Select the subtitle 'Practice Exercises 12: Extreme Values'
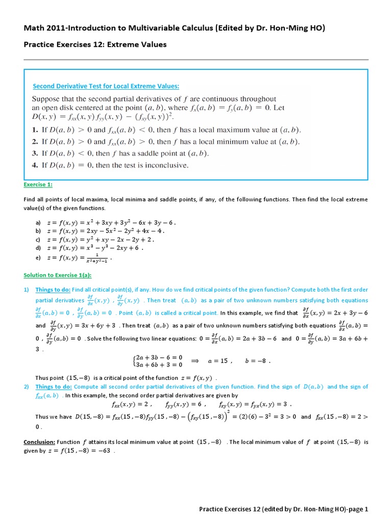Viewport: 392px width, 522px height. [x=95, y=44]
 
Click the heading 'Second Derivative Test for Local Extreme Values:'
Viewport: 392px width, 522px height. [x=106, y=86]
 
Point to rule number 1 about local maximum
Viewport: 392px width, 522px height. [x=166, y=130]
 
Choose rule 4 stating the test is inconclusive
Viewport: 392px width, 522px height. [x=110, y=165]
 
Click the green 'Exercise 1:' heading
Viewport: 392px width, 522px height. [x=38, y=184]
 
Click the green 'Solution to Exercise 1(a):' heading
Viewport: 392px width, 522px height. [x=58, y=275]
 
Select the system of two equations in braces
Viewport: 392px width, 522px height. [x=155, y=361]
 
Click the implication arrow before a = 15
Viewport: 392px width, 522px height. [x=194, y=360]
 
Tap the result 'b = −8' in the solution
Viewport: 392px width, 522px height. [x=257, y=361]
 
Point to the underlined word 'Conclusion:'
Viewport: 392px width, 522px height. [x=39, y=441]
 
